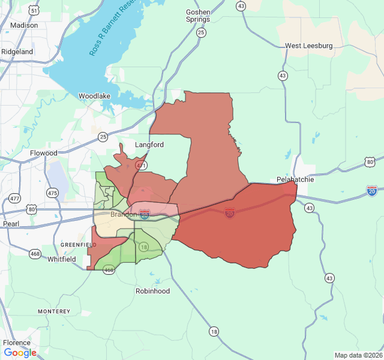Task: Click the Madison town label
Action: [24, 25]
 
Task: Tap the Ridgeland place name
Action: [17, 52]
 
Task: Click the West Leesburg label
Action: [309, 46]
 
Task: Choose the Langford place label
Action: [149, 145]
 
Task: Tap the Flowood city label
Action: [44, 153]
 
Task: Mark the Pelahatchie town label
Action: [295, 179]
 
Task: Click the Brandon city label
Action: [124, 214]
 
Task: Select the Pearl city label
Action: [11, 224]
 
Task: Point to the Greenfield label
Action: [79, 245]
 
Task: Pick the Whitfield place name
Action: [62, 259]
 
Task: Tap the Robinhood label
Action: [152, 291]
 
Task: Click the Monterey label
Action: [54, 311]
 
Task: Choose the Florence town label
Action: [16, 343]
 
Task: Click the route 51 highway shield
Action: [34, 11]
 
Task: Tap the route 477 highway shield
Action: [14, 198]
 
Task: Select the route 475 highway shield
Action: [53, 193]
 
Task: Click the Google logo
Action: [20, 353]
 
